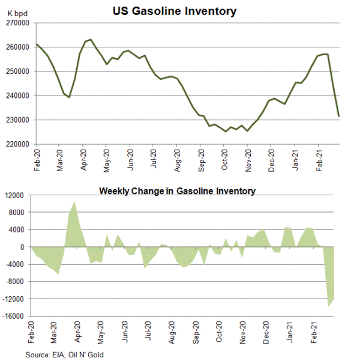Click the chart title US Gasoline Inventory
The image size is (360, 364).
coord(175,11)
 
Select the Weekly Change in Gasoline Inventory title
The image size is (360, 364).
coord(177,191)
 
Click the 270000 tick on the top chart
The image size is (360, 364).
coord(18,23)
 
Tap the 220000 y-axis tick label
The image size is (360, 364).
coord(18,144)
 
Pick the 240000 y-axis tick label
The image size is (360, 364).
coord(18,96)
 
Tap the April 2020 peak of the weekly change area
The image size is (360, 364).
coord(74,202)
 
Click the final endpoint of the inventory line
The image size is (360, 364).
coord(339,116)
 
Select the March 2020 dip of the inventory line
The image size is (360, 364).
coord(70,97)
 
